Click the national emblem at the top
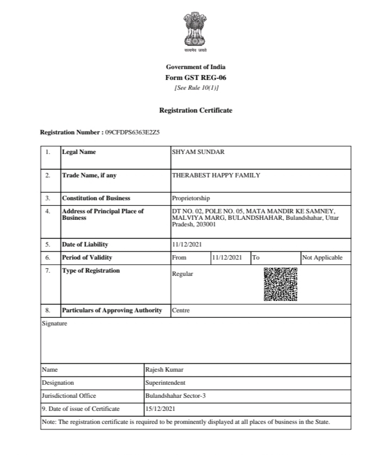tap(196, 32)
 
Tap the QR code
tap(281, 284)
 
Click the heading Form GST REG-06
tap(196, 77)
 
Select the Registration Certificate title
tap(196, 110)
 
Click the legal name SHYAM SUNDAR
tap(198, 152)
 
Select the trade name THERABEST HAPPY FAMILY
tap(216, 175)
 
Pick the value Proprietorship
tap(191, 198)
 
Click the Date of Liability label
tap(85, 244)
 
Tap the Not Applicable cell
tap(322, 257)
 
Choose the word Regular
tap(182, 274)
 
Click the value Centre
tap(180, 311)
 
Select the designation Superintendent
tap(165, 383)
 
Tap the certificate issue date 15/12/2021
tap(160, 409)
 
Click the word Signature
tap(54, 323)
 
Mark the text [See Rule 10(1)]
tap(196, 88)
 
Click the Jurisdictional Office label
tap(69, 396)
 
